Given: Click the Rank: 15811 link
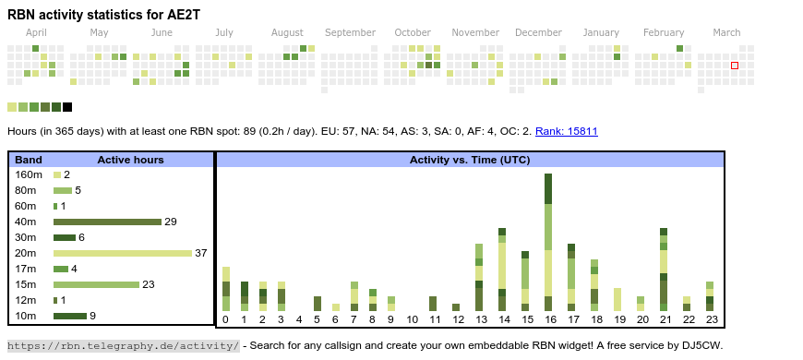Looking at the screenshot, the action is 567,131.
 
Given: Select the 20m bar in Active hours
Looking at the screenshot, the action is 123,253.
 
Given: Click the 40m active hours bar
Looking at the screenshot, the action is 108,222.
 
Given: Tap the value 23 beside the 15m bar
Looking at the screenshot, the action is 149,284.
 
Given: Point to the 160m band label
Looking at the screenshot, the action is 29,174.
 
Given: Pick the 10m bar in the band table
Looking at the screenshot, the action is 70,316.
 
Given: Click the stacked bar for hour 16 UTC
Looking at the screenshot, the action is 548,242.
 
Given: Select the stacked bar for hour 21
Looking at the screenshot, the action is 664,270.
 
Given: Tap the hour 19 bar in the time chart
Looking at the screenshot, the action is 617,300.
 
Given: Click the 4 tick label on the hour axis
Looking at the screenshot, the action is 299,320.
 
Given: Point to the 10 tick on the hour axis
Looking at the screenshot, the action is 413,320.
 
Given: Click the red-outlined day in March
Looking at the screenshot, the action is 735,66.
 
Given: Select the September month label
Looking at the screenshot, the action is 351,33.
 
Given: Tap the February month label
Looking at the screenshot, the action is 664,33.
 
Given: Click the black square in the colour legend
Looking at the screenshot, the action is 67,107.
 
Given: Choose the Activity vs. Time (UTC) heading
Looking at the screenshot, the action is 470,160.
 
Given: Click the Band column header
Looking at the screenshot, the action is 29,160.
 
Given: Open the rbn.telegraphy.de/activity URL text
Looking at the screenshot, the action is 124,345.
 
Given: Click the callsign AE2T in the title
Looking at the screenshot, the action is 186,15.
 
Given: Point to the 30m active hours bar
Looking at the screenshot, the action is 65,237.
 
